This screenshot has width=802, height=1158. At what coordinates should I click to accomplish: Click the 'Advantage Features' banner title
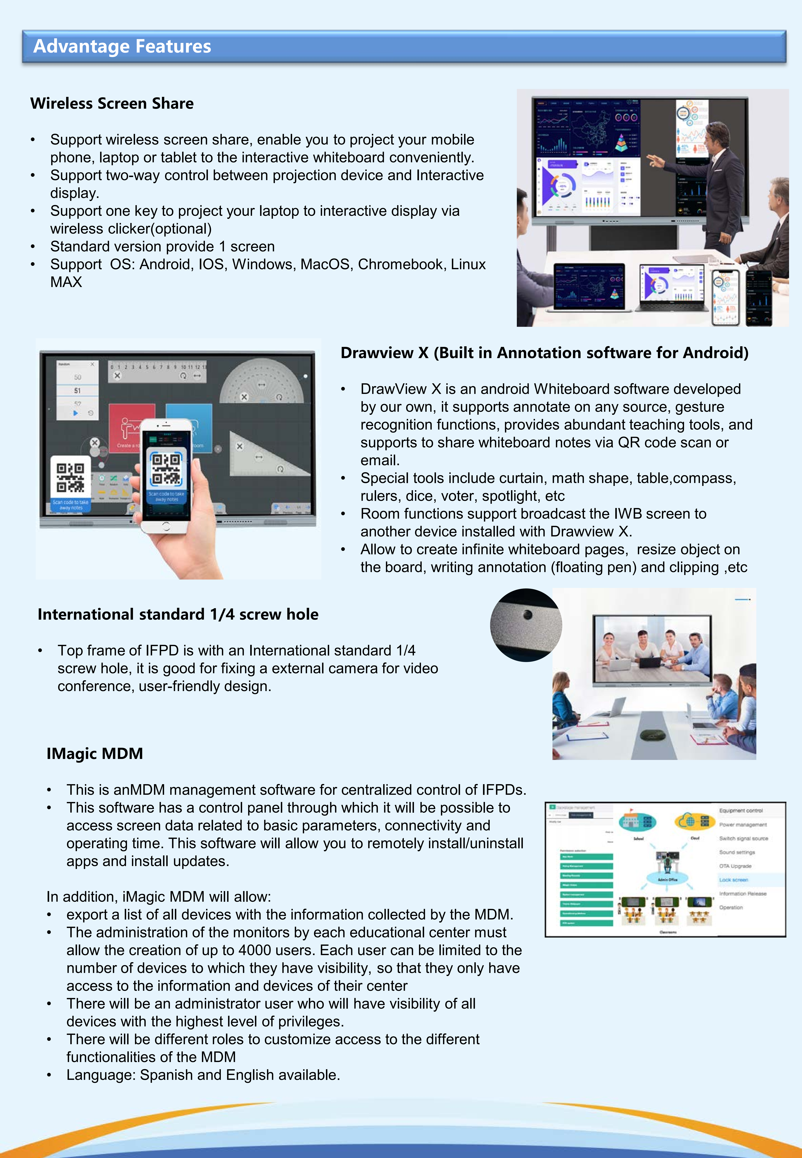click(x=122, y=46)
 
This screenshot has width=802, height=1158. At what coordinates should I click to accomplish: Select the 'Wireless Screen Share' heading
click(x=112, y=103)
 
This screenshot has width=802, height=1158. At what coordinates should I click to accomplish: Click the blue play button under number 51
click(x=75, y=413)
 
